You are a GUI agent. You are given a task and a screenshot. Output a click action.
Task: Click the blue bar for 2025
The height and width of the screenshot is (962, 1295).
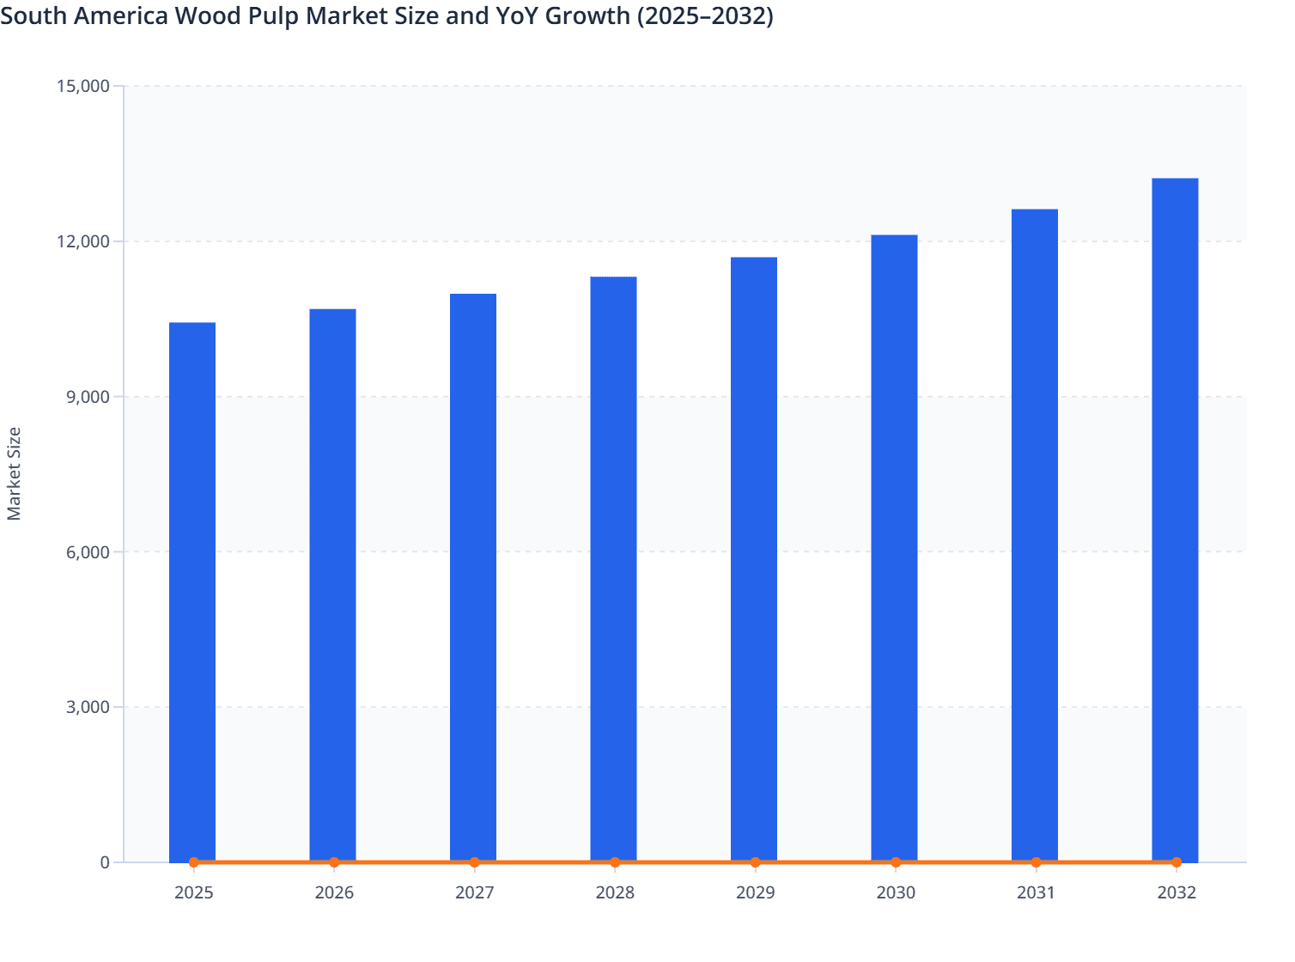(192, 593)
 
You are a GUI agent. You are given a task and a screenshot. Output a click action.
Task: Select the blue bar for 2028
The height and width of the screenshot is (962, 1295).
(613, 567)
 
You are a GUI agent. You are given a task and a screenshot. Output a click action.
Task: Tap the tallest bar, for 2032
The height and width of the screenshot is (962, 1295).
(1175, 515)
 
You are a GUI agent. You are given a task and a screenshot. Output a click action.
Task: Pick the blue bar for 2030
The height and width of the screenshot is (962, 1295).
(894, 550)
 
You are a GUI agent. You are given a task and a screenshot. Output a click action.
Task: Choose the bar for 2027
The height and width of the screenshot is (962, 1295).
(473, 575)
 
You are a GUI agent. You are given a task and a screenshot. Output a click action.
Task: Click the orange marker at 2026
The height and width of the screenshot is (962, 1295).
(334, 862)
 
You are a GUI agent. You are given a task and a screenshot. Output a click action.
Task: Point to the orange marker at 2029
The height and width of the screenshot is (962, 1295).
(755, 862)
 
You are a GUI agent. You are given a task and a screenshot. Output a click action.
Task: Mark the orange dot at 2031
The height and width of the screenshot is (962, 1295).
(1036, 862)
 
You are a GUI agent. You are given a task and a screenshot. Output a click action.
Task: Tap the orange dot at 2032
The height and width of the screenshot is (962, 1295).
(1176, 862)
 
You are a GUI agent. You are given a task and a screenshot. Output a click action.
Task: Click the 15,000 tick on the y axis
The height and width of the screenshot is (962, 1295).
(82, 86)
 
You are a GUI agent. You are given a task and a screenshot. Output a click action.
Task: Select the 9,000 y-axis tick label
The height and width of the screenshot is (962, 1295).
(87, 397)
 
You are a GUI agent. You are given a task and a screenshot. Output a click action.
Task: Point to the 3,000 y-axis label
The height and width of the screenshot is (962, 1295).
(87, 707)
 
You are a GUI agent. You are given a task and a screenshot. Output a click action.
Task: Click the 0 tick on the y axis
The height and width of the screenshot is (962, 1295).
(105, 862)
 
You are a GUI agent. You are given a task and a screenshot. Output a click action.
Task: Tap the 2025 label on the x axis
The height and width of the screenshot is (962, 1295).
(193, 892)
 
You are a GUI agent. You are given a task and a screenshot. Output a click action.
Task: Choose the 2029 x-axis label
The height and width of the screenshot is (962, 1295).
(755, 892)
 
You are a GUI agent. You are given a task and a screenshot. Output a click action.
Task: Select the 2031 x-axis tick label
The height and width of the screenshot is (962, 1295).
(1036, 892)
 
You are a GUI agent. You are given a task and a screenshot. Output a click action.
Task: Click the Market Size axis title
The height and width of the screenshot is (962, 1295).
(14, 473)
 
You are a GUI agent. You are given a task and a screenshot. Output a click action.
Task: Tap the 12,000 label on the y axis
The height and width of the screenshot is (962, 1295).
(82, 241)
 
